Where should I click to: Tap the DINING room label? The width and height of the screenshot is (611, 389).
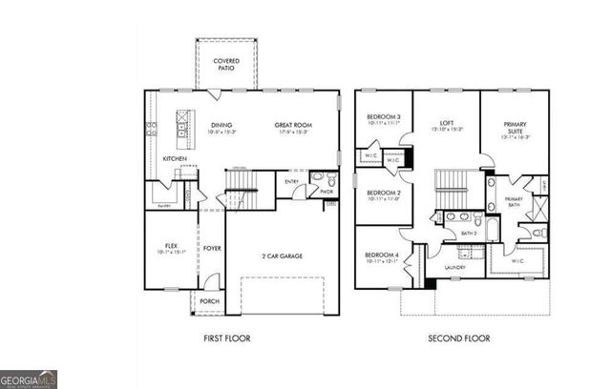pos(221,125)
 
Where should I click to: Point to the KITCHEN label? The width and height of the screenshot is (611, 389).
pos(174,158)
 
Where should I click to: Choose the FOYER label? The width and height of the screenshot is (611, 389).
pos(211,248)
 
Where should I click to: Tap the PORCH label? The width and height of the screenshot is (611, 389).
pos(209,301)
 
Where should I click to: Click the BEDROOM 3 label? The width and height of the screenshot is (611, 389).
pos(384,119)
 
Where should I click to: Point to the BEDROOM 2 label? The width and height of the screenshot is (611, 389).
pos(384,194)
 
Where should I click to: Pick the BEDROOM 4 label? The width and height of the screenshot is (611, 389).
pos(384,256)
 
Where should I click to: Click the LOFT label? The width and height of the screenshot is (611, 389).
pos(446,123)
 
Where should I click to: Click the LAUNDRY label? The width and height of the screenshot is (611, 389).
pos(454,267)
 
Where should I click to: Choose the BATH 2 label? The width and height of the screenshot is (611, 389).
pos(469,233)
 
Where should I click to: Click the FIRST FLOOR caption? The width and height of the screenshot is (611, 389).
pos(228,338)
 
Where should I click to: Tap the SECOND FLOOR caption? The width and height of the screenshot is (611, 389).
pos(457,338)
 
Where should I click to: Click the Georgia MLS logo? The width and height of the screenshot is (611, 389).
pos(29,379)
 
